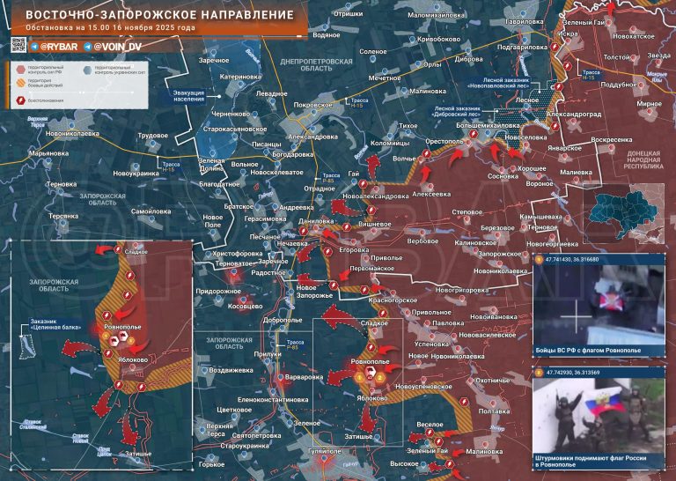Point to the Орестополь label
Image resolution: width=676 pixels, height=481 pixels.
[445, 141]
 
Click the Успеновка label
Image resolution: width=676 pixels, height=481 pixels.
[432, 344]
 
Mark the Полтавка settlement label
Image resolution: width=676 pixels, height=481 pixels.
[494, 411]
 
